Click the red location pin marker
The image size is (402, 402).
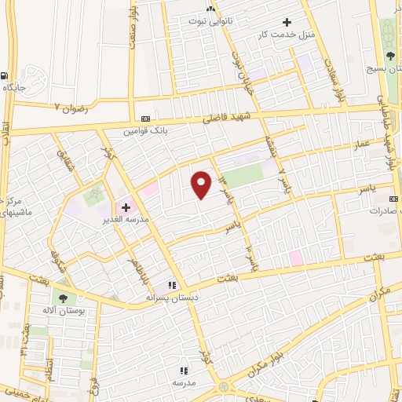pos(202,185)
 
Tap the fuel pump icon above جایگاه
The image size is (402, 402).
pos(6,76)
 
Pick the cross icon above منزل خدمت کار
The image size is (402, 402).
pos(287,22)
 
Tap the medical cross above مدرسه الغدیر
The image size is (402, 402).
pos(126,206)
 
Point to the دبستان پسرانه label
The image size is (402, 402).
pos(172,298)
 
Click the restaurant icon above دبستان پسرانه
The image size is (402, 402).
pos(172,286)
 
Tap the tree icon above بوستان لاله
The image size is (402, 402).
pos(61,298)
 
